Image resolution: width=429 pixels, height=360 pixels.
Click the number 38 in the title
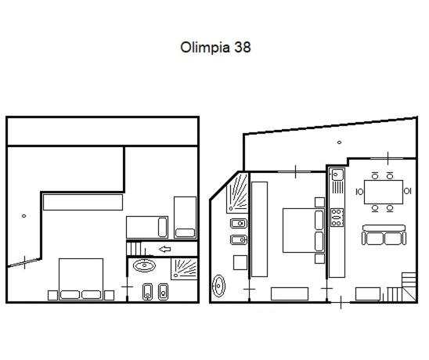[x=242, y=47]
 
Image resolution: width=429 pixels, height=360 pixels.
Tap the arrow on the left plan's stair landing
[x=164, y=249]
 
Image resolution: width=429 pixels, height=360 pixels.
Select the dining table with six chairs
[x=384, y=192]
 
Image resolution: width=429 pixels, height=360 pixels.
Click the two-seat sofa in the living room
[x=384, y=235]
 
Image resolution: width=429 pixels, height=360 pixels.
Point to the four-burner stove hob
[x=337, y=218]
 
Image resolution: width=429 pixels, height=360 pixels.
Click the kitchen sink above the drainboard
[x=337, y=175]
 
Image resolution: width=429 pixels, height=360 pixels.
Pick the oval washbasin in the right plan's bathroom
[x=218, y=286]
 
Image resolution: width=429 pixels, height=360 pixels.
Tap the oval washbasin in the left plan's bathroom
[x=144, y=265]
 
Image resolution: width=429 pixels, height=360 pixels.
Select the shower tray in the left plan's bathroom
[x=184, y=269]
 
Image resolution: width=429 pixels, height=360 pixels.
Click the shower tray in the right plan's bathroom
[x=237, y=193]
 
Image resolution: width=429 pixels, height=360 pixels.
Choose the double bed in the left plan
[x=81, y=279]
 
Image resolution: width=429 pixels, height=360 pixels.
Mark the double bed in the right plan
[x=304, y=230]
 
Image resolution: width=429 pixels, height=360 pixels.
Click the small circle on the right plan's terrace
[x=339, y=142]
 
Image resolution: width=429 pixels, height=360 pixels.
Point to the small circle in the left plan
[x=23, y=216]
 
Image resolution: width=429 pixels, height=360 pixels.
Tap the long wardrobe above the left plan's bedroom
[x=83, y=202]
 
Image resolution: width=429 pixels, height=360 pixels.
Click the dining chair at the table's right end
[x=407, y=191]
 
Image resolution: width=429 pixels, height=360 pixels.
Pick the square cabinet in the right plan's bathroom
[x=240, y=262]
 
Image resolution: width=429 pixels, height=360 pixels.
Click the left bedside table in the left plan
[x=52, y=296]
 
